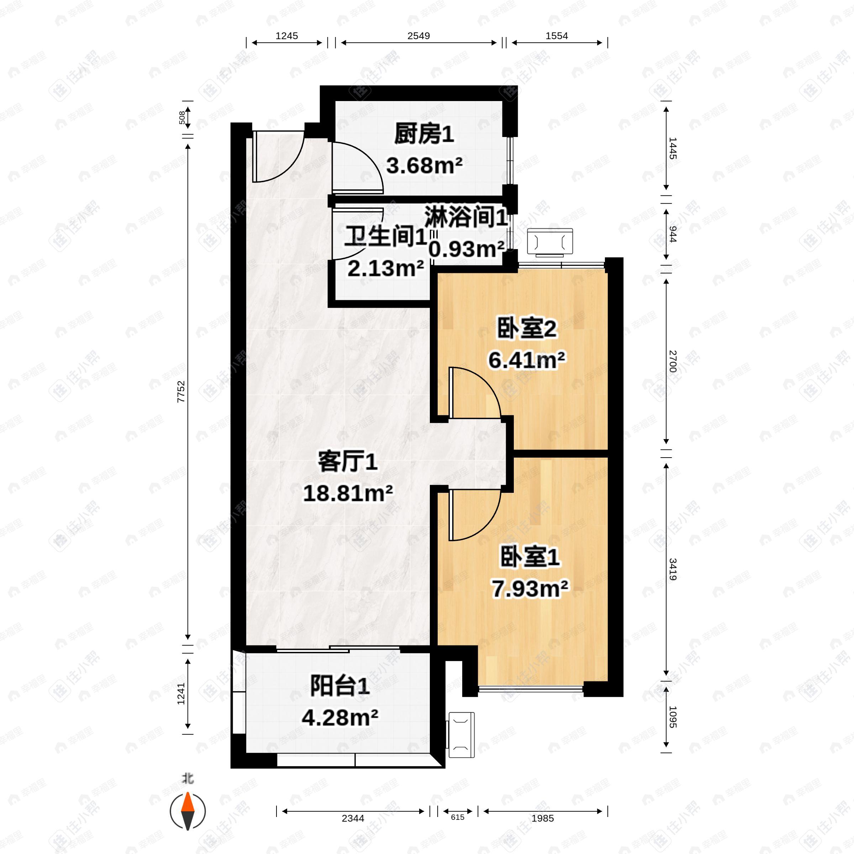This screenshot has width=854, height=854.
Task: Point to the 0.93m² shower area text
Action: coord(466,250)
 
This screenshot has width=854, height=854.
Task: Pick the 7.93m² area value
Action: coord(530,589)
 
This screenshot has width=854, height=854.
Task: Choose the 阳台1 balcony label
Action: coord(339,687)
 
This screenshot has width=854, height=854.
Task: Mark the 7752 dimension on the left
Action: coord(181,391)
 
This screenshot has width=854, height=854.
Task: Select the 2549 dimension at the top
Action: coord(418,36)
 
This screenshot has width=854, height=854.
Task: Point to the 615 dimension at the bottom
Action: coord(458,817)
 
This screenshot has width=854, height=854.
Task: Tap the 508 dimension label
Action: coord(182,117)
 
